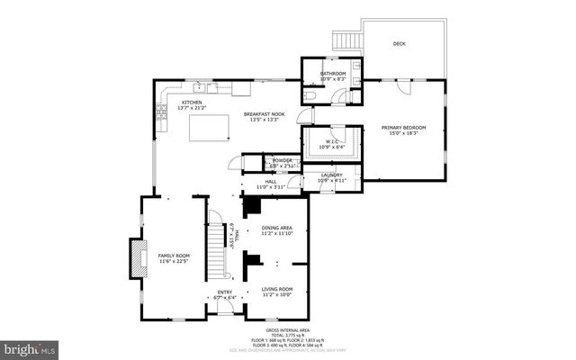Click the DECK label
pyautogui.click(x=400, y=43)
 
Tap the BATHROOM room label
pyautogui.click(x=331, y=74)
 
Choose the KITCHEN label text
pyautogui.click(x=193, y=103)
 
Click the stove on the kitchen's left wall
pyautogui.click(x=161, y=112)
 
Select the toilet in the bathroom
pyautogui.click(x=309, y=94)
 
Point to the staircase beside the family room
pyautogui.click(x=215, y=253)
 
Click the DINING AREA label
pyautogui.click(x=277, y=229)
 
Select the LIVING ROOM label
pyautogui.click(x=277, y=289)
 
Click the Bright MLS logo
pyautogui.click(x=29, y=347)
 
